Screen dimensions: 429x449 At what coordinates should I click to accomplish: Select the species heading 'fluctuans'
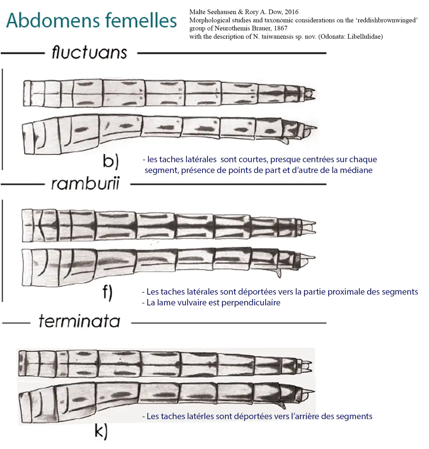[x=89, y=52]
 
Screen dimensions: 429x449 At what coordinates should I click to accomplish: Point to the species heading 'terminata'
[x=79, y=321]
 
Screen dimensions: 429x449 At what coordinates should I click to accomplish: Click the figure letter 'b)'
[x=110, y=161]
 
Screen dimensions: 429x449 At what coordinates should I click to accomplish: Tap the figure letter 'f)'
[x=107, y=293]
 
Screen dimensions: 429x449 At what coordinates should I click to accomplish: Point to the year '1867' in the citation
[x=281, y=28]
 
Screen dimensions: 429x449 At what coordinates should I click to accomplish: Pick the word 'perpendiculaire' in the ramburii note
[x=251, y=302]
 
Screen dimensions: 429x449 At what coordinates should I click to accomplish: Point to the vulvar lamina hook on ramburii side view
[x=279, y=273]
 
